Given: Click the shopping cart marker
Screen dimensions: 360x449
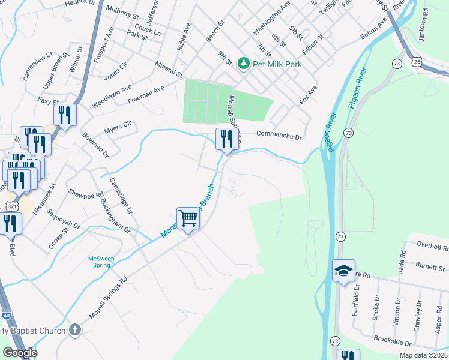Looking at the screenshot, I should click(x=188, y=218).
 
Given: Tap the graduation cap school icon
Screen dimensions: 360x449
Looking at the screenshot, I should click(x=344, y=271).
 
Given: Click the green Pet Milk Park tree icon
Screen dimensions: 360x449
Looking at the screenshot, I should click(x=243, y=62).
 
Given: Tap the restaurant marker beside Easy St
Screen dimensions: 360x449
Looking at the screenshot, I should click(x=65, y=115).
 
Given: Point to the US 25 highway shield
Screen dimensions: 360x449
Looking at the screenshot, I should click(x=417, y=61).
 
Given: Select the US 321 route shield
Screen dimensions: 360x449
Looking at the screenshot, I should click(x=11, y=206).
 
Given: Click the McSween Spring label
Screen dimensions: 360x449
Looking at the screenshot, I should click(x=101, y=262).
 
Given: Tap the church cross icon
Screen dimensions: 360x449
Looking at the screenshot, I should click(x=74, y=329).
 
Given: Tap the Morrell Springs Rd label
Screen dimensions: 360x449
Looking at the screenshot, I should click(x=109, y=298).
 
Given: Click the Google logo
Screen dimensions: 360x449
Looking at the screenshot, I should click(x=20, y=353).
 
